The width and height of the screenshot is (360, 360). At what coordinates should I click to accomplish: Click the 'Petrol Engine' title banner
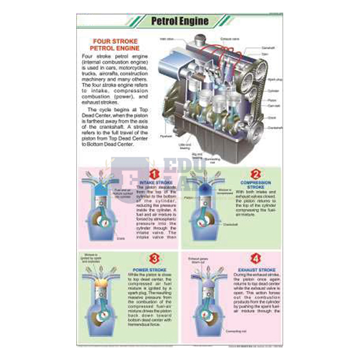click(x=179, y=21)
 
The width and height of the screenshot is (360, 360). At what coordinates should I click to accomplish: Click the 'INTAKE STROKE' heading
click(x=152, y=182)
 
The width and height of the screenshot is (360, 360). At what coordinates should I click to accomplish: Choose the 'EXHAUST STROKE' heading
click(x=256, y=271)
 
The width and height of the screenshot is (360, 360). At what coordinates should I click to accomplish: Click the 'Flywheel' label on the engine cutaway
click(x=166, y=136)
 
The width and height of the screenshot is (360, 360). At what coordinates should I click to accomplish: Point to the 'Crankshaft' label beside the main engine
click(x=275, y=127)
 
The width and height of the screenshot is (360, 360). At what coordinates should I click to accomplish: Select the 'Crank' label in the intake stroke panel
click(x=121, y=238)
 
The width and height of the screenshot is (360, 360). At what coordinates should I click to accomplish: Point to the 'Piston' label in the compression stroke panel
click(x=189, y=196)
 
